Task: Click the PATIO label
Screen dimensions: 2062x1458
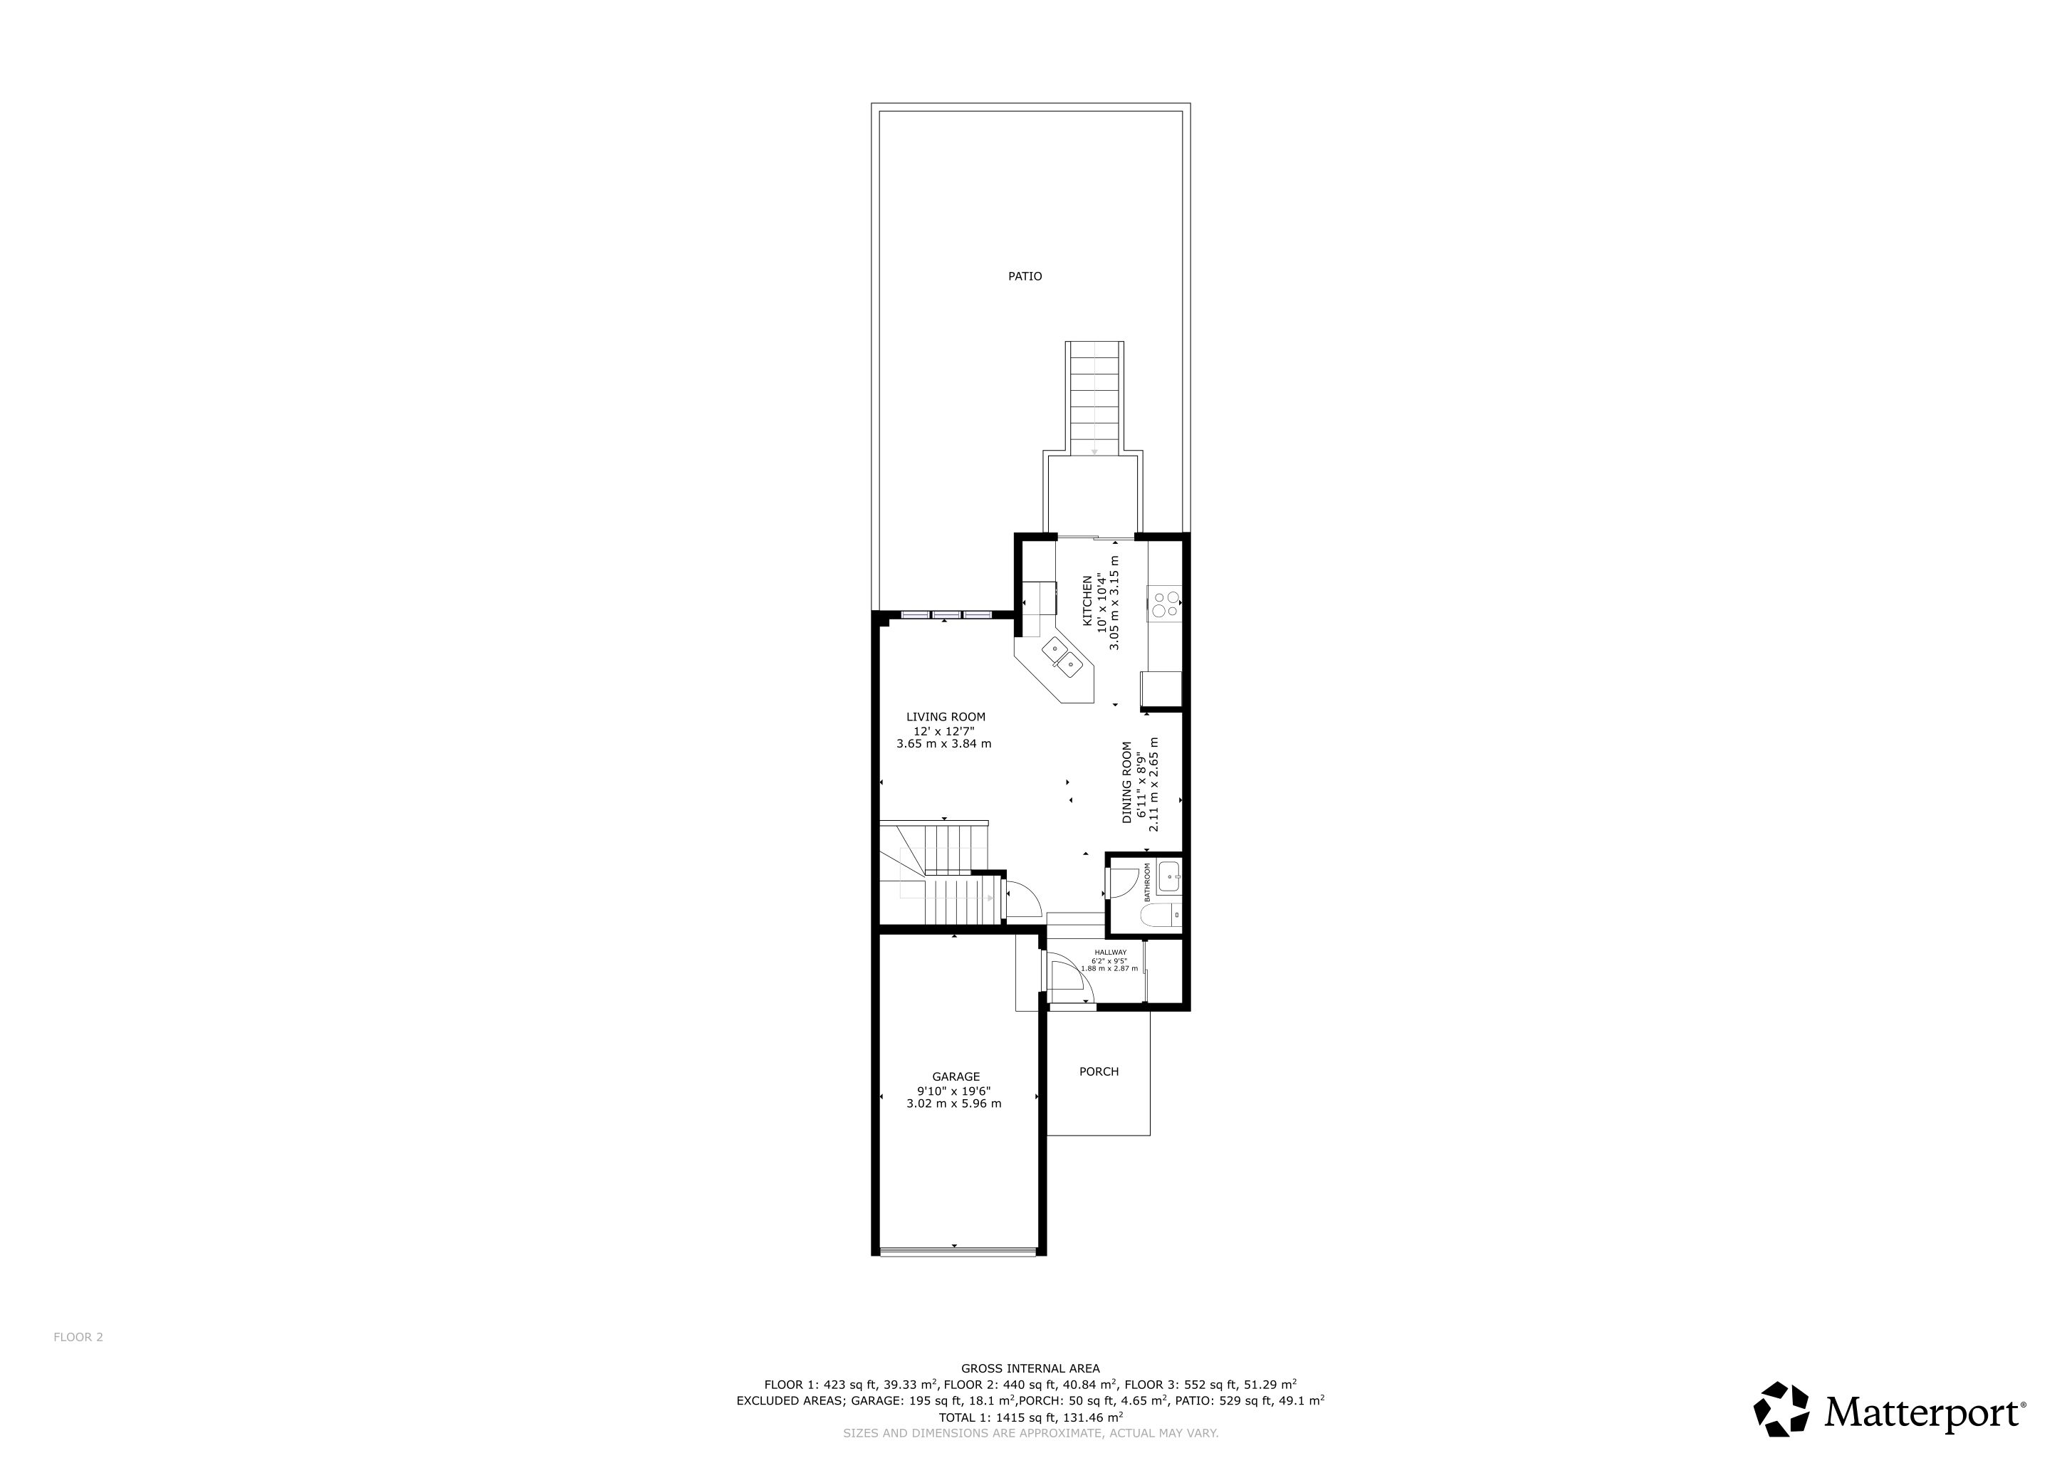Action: click(1025, 276)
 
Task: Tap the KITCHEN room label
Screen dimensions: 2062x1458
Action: click(1087, 601)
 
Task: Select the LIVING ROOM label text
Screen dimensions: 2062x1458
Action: click(946, 716)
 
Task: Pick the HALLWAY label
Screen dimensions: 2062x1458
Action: click(1111, 953)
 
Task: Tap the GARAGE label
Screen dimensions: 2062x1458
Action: click(956, 1076)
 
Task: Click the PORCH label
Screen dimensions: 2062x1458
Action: click(1099, 1071)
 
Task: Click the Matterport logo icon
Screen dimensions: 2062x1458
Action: click(1783, 1409)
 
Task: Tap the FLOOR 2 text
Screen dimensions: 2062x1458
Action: click(78, 1337)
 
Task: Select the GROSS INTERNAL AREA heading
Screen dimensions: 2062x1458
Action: click(1030, 1369)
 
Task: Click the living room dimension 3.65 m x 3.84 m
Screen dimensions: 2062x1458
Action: click(944, 743)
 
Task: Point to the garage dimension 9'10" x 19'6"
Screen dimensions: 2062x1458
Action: click(954, 1090)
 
